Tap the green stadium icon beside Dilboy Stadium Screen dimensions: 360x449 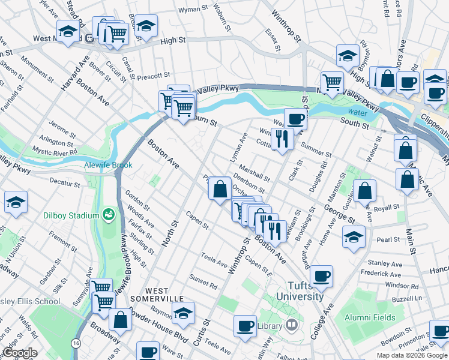click(x=109, y=214)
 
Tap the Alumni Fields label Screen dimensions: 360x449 click(x=370, y=317)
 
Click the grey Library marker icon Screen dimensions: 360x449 click(x=292, y=325)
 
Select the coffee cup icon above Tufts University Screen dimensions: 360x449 click(x=322, y=276)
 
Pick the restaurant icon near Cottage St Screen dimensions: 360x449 click(x=282, y=139)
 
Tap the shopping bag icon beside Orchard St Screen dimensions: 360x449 click(x=220, y=189)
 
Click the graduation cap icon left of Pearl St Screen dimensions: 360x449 click(x=354, y=236)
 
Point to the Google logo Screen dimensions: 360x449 click(x=20, y=353)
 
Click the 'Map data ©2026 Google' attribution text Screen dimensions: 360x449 click(x=411, y=355)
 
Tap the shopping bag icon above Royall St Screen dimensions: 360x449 click(x=364, y=191)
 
